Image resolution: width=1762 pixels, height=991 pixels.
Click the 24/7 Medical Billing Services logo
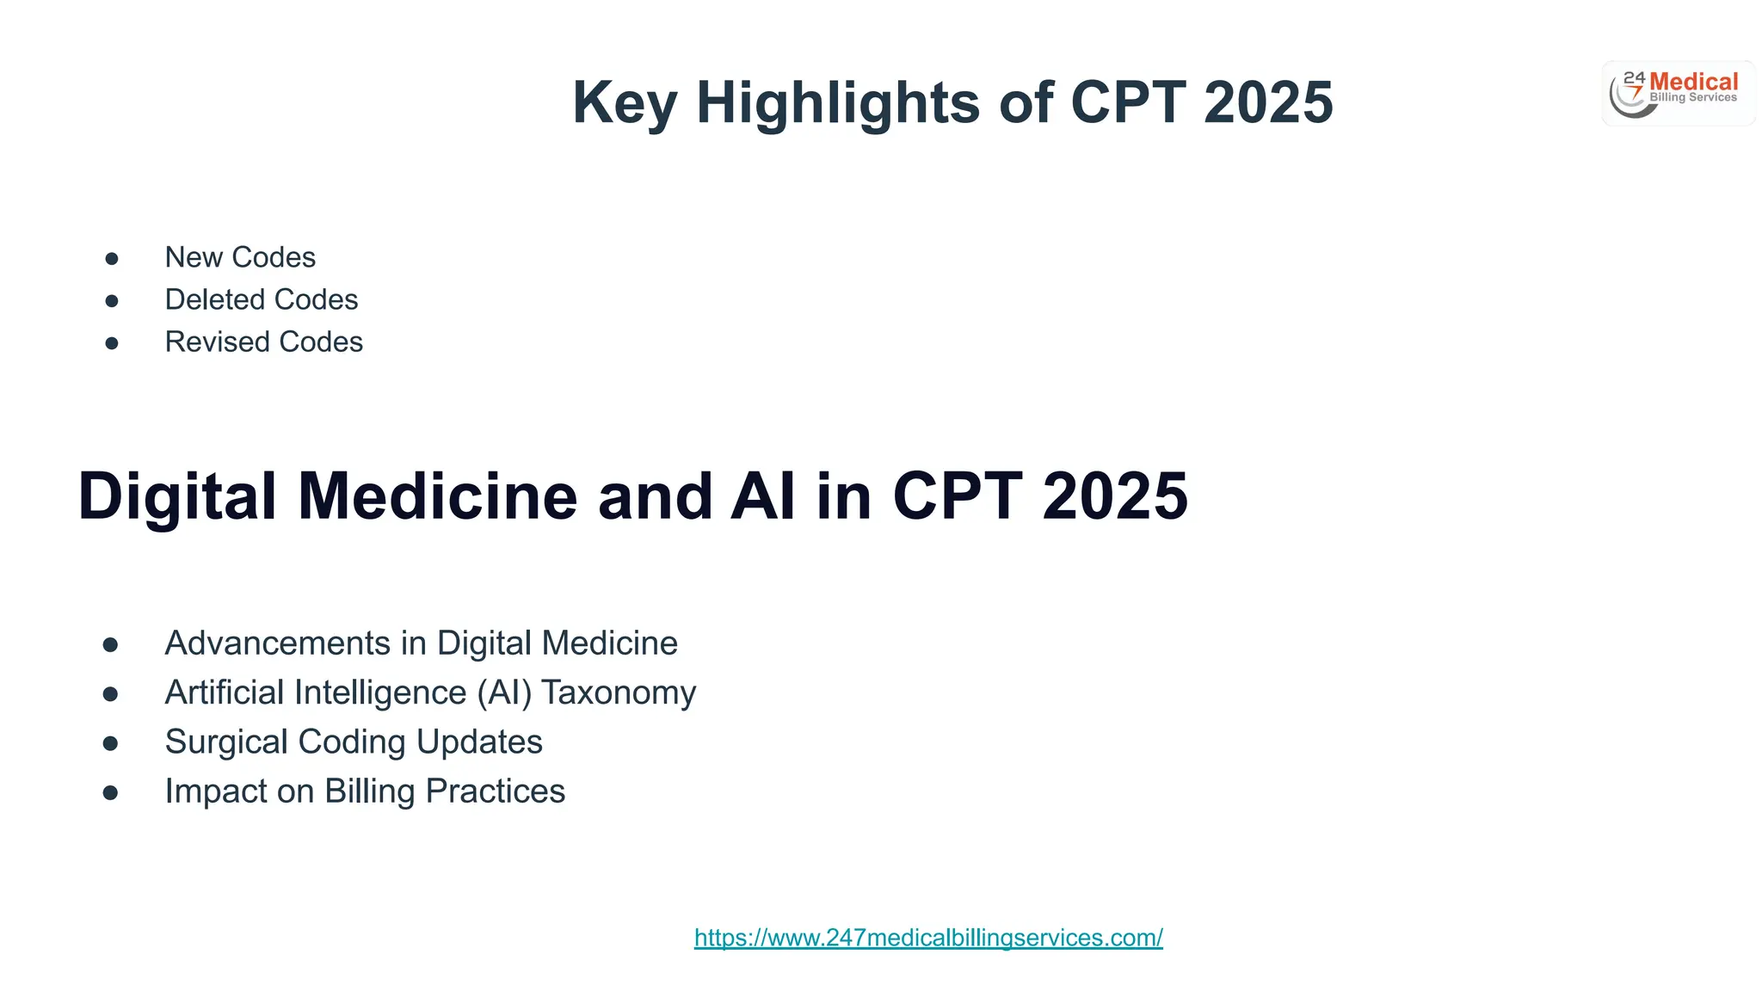pyautogui.click(x=1678, y=93)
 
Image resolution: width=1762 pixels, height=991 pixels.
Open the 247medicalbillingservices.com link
pyautogui.click(x=928, y=938)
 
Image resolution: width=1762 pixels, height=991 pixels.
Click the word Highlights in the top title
pyautogui.click(x=838, y=103)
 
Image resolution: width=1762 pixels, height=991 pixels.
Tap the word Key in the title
pyautogui.click(x=625, y=103)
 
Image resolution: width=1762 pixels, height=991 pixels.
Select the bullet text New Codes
pyautogui.click(x=240, y=257)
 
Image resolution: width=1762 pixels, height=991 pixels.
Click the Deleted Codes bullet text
pyautogui.click(x=261, y=299)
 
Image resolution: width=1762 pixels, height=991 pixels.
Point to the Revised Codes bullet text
pyautogui.click(x=263, y=342)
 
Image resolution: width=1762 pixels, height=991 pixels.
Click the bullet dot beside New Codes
pyautogui.click(x=112, y=258)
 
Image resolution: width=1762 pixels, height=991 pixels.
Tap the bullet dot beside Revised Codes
pyautogui.click(x=112, y=343)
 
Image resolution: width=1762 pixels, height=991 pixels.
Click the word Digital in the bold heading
pyautogui.click(x=177, y=496)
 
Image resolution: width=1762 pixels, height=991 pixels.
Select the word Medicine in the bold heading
pyautogui.click(x=437, y=496)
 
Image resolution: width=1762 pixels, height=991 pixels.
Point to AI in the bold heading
pyautogui.click(x=762, y=496)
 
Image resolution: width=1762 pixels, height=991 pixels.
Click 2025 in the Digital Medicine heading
pyautogui.click(x=1115, y=496)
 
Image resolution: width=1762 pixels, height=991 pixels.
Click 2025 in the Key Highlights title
pyautogui.click(x=1268, y=103)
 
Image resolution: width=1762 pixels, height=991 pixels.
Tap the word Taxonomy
pyautogui.click(x=619, y=692)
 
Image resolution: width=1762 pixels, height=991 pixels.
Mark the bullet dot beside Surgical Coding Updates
pyautogui.click(x=110, y=743)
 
